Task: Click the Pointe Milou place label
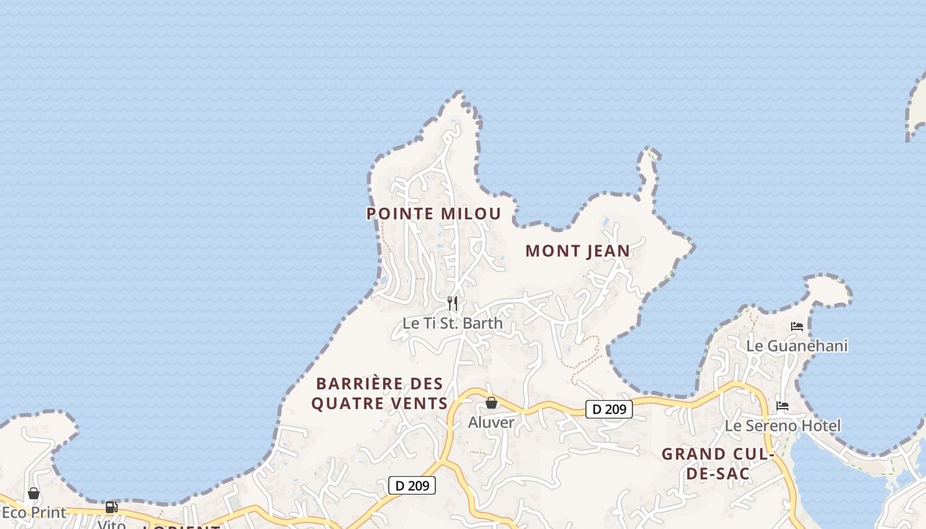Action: click(433, 214)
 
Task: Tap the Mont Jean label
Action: click(577, 251)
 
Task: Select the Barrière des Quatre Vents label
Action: click(379, 393)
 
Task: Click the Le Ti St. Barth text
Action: click(452, 323)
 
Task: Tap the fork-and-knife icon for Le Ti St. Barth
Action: click(452, 304)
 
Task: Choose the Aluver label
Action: click(491, 422)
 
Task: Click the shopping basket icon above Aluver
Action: click(491, 402)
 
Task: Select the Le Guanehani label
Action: click(796, 346)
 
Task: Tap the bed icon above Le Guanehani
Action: click(797, 327)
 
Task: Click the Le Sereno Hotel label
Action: click(782, 426)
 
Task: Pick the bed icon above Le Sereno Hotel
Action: click(782, 406)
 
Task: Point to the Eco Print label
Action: click(34, 512)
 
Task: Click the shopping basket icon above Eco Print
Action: click(34, 493)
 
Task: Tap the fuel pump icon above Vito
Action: click(112, 507)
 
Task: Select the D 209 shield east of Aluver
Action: click(609, 409)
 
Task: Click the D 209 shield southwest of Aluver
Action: click(412, 485)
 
